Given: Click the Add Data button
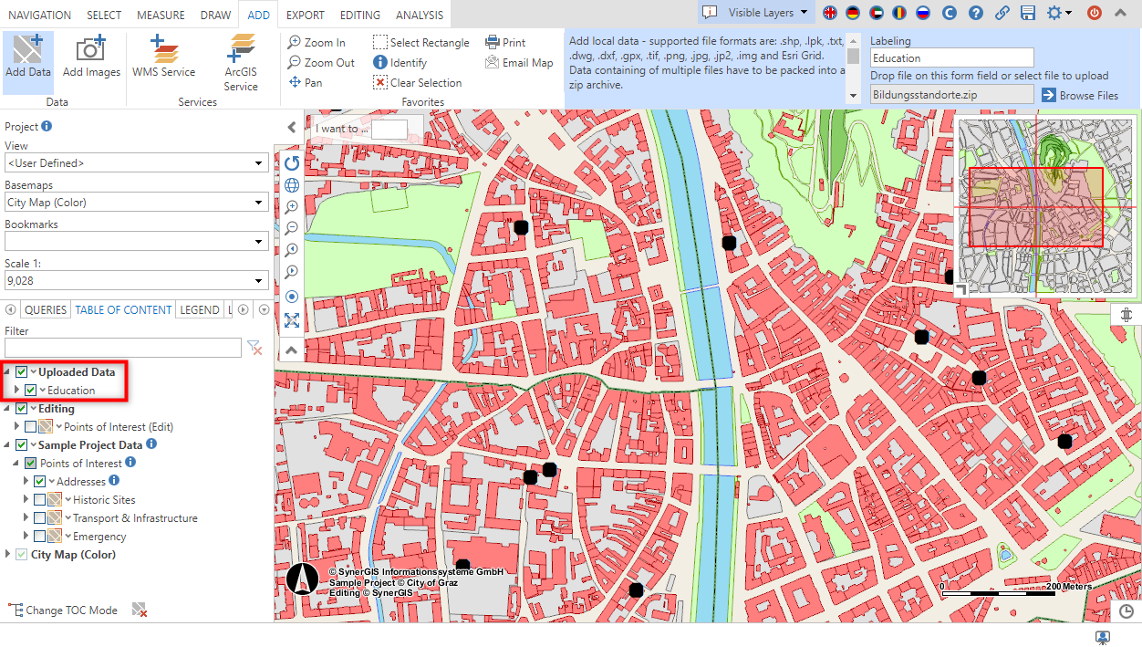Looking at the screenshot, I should pos(27,57).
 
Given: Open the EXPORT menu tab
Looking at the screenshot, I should pos(305,15).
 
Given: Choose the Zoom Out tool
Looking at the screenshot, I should pos(321,63).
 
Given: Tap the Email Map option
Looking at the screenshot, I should pos(519,63).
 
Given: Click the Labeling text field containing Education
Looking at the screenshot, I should pos(950,58).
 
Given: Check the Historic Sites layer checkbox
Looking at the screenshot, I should pos(39,500).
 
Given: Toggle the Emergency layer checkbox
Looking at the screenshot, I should pos(39,537).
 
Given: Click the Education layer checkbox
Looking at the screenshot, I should pos(31,391).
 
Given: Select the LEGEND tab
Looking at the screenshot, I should pos(199,310).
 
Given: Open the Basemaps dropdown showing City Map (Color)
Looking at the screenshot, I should pos(136,203).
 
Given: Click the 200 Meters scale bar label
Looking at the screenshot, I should pos(1068,587).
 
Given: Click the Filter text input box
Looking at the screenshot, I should pos(122,348).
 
